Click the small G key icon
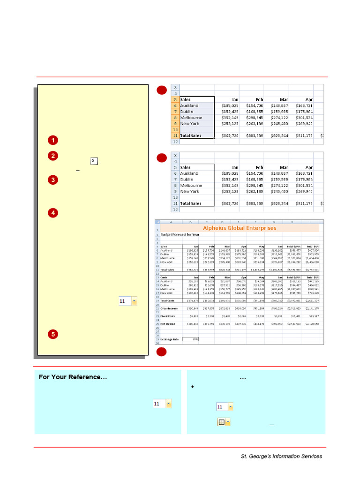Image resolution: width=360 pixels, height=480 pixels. pyautogui.click(x=93, y=161)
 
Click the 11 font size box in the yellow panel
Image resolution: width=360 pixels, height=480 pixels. pyautogui.click(x=127, y=301)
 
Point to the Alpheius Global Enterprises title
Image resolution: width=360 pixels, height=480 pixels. pyautogui.click(x=239, y=228)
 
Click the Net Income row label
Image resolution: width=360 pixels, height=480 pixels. pyautogui.click(x=168, y=323)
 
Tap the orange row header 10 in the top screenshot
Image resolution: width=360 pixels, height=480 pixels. pyautogui.click(x=174, y=129)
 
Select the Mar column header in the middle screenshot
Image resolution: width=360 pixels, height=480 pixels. pyautogui.click(x=284, y=167)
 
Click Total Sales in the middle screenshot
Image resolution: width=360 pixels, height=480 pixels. pyautogui.click(x=191, y=203)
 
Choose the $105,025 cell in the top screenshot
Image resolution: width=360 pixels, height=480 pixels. pyautogui.click(x=230, y=105)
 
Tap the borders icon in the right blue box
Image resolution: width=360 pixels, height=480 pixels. pyautogui.click(x=224, y=422)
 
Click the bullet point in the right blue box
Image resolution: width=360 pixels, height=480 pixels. pyautogui.click(x=193, y=387)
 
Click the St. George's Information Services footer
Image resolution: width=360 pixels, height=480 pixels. pyautogui.click(x=281, y=456)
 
